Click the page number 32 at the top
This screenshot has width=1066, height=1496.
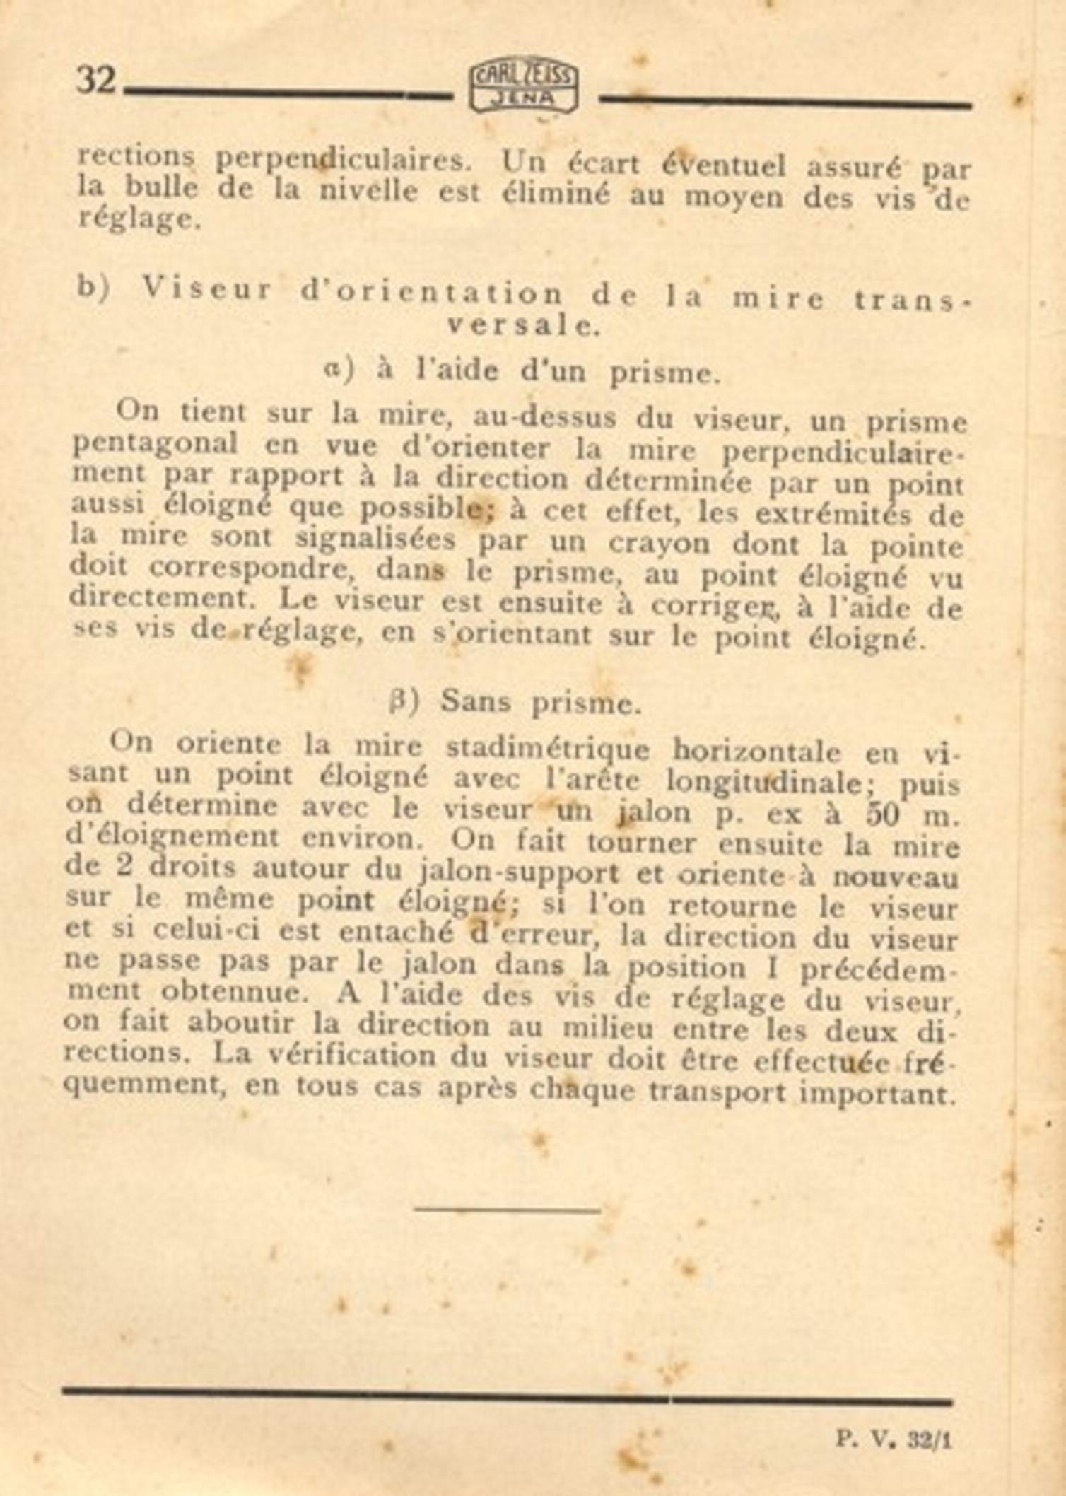click(96, 80)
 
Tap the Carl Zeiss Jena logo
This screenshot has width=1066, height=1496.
click(524, 87)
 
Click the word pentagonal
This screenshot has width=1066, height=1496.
click(155, 444)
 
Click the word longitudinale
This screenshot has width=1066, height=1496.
click(763, 780)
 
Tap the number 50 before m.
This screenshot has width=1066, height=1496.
click(882, 815)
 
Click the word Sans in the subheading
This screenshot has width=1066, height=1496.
click(476, 702)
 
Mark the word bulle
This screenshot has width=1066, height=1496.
click(162, 189)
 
